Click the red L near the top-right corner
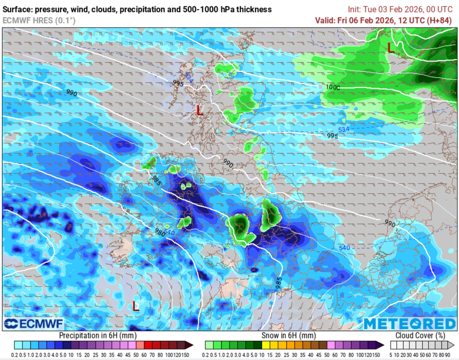[391, 47]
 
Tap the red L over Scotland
[200, 110]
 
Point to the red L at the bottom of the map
[135, 306]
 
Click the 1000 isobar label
[333, 87]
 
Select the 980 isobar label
[160, 232]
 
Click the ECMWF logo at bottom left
[34, 324]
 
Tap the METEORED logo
[410, 324]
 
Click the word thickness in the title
[253, 9]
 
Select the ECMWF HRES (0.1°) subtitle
[39, 20]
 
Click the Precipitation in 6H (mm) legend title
[98, 335]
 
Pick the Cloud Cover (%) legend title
[420, 335]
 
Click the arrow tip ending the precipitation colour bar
[191, 345]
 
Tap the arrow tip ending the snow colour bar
[382, 345]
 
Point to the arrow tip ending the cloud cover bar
[453, 345]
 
